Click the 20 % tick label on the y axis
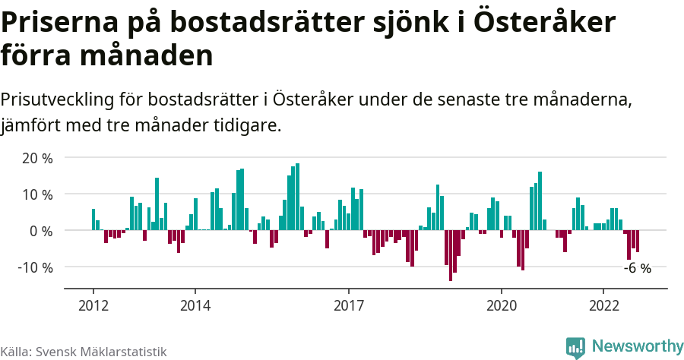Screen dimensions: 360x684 37,158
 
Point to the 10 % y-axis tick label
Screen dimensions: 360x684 37,194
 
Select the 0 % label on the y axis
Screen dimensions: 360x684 41,231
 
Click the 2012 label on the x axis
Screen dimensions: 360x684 93,306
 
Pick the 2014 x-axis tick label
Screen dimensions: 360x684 195,306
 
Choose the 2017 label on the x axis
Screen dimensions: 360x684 348,306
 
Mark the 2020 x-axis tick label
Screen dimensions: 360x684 501,306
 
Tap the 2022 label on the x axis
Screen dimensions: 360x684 603,306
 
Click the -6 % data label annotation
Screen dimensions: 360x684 637,268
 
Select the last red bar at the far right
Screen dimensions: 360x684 638,241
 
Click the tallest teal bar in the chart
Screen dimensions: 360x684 297,197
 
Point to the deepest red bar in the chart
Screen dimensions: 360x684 450,255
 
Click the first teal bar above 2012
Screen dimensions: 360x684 93,219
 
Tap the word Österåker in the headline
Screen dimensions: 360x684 544,23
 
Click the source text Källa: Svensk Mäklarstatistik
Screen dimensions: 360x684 84,352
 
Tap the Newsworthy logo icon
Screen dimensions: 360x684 575,347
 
